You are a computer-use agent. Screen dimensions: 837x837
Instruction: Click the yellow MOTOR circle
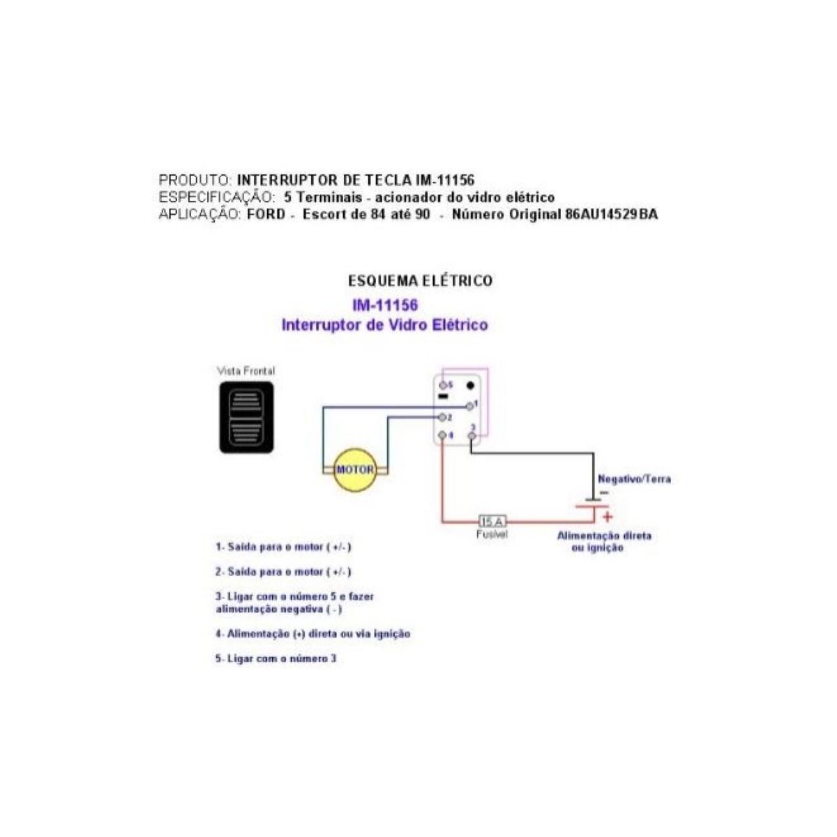tap(355, 469)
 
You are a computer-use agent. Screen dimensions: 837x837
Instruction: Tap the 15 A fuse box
tap(492, 521)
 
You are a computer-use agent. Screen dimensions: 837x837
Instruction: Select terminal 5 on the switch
tap(442, 385)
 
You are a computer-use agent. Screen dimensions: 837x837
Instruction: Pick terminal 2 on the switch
tap(442, 417)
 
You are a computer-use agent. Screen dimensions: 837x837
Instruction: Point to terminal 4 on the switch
tap(442, 435)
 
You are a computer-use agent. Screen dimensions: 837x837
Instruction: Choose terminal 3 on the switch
tap(472, 435)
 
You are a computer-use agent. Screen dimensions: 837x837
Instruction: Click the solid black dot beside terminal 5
tap(470, 385)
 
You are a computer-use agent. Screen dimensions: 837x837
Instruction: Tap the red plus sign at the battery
tap(608, 517)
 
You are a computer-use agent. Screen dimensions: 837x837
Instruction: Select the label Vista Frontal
tap(246, 371)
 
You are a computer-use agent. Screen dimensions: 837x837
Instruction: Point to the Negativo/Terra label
tap(634, 479)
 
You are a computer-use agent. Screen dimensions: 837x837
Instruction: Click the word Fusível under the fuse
tap(492, 534)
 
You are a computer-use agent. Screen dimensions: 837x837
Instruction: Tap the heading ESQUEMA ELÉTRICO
tap(420, 281)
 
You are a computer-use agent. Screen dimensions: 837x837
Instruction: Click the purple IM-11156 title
tap(385, 306)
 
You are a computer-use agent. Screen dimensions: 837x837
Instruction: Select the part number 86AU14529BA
tap(610, 215)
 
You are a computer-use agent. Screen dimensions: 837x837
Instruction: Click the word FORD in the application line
tap(266, 215)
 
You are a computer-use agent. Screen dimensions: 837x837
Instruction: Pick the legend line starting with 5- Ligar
tap(276, 658)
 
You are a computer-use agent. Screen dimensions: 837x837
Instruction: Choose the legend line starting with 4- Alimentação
tap(313, 634)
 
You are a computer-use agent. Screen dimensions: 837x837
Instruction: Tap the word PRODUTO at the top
tap(193, 181)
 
